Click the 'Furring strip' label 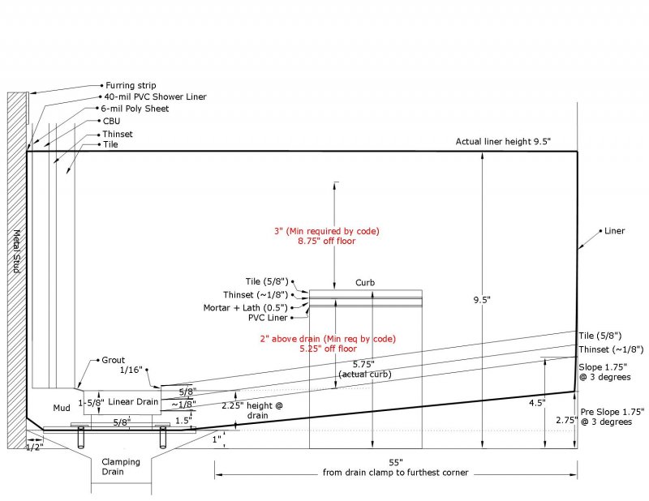click(x=131, y=86)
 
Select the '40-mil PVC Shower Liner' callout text click(x=155, y=96)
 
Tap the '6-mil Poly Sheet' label click(x=135, y=109)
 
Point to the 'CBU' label click(x=111, y=122)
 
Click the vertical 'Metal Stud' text click(x=16, y=251)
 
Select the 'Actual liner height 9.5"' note click(x=503, y=142)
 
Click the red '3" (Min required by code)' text click(x=327, y=231)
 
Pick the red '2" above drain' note click(x=328, y=339)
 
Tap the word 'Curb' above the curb click(x=365, y=283)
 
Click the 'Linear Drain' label click(x=133, y=402)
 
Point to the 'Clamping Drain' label click(x=121, y=467)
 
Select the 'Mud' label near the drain click(x=62, y=408)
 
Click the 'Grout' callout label click(x=113, y=360)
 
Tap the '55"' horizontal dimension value click(x=396, y=462)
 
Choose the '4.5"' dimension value click(x=537, y=403)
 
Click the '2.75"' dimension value click(x=566, y=420)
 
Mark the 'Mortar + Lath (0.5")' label click(x=246, y=308)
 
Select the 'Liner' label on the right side click(x=614, y=231)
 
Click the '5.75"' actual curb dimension click(x=363, y=364)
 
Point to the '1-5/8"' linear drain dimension click(x=92, y=403)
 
